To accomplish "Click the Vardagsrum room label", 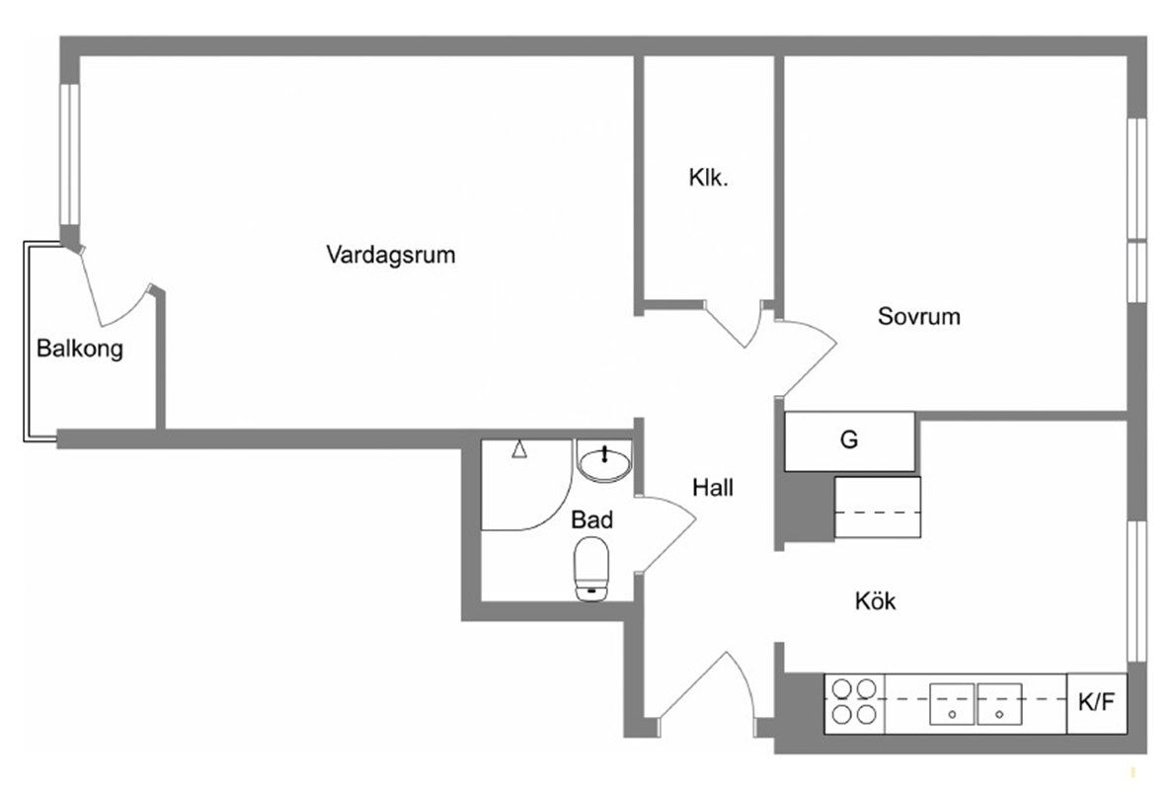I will [391, 256].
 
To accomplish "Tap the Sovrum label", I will [918, 317].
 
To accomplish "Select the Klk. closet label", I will [708, 179].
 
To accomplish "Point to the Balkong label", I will [80, 349].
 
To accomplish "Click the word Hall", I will [712, 487].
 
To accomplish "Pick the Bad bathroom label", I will [592, 519].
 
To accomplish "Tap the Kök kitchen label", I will [875, 600].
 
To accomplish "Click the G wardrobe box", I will [849, 440].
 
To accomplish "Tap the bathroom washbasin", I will [602, 462].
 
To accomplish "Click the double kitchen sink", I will [976, 702].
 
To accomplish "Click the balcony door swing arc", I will [114, 291].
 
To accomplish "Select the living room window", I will [68, 153].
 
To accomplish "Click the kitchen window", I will [1136, 590].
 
